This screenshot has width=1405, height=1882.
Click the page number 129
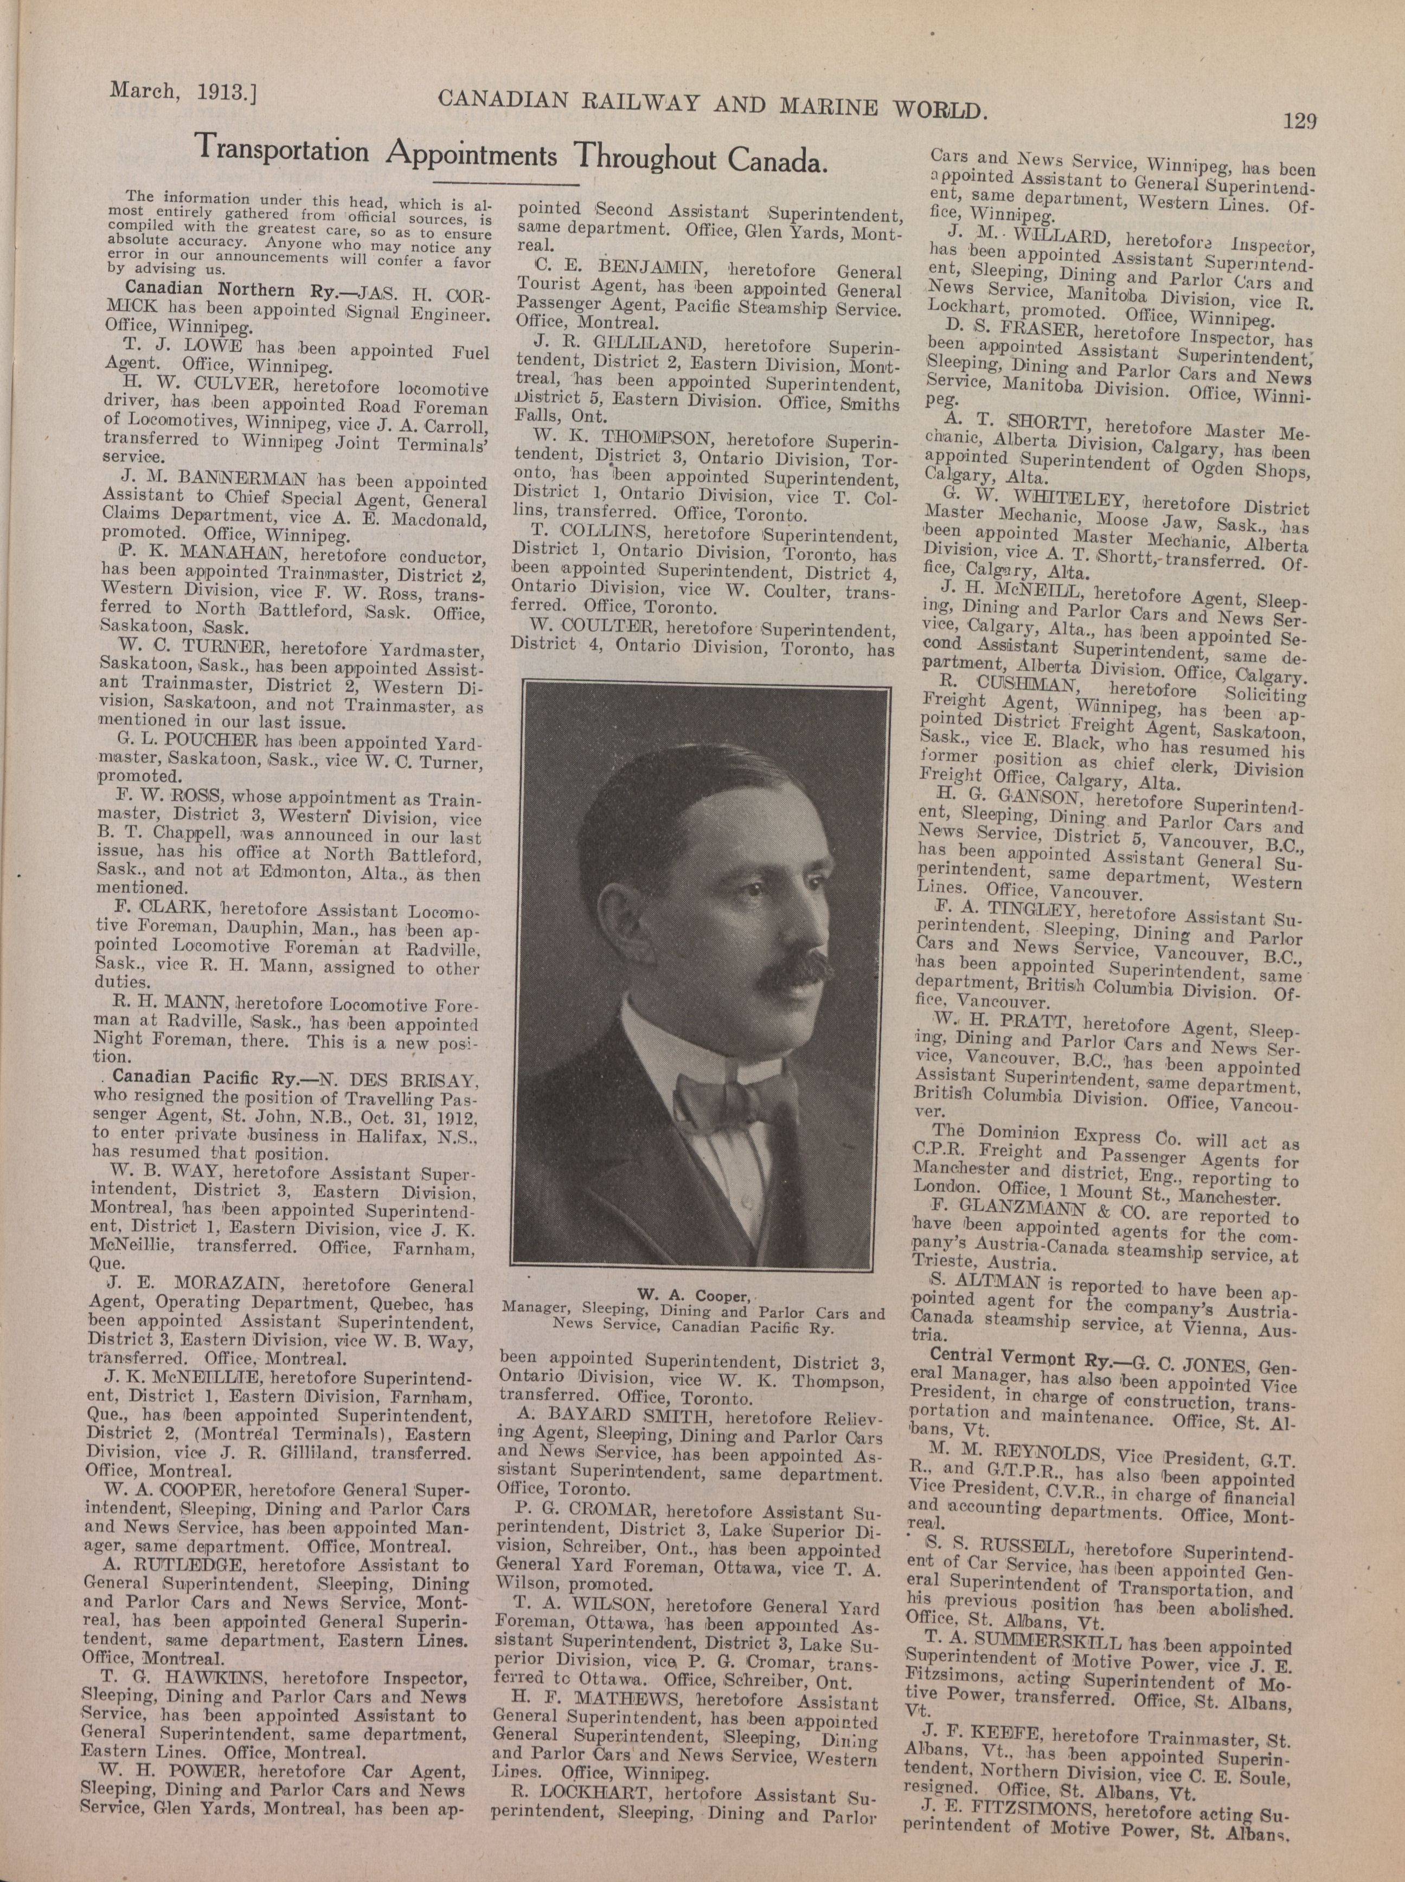point(1299,121)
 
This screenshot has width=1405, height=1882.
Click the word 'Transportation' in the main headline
point(281,150)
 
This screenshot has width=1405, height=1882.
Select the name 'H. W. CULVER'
point(175,381)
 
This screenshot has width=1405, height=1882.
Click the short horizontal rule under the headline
point(506,183)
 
